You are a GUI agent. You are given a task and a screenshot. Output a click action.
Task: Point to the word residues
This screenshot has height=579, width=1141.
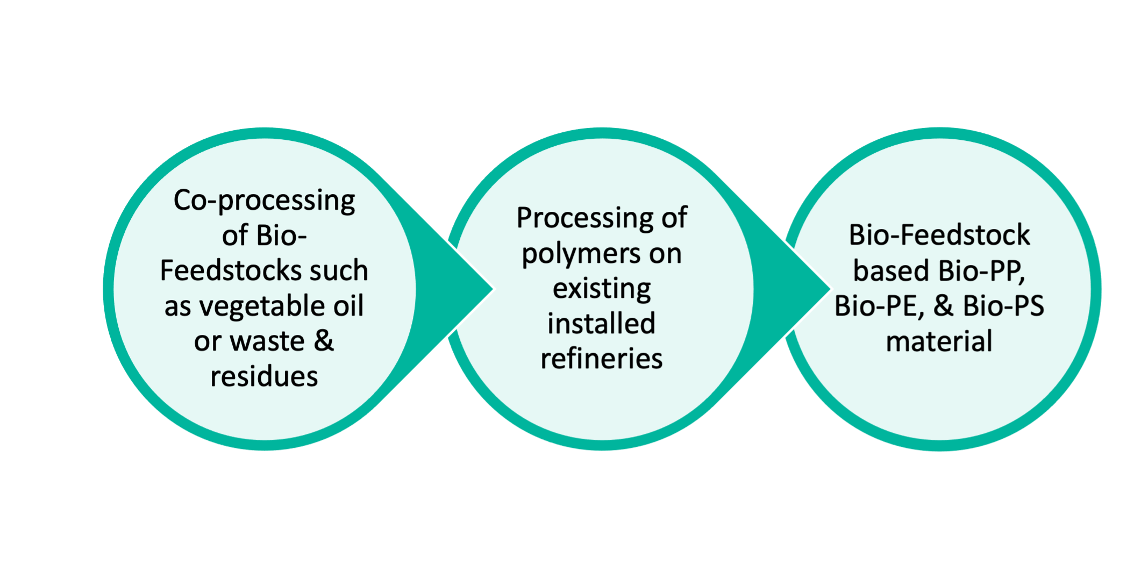click(x=264, y=376)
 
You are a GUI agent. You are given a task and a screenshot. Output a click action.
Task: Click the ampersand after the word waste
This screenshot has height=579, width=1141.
click(x=323, y=341)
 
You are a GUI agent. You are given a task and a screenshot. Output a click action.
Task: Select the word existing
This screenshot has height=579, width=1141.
click(x=602, y=289)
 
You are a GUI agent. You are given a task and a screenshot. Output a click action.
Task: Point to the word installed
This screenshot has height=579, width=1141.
click(x=602, y=324)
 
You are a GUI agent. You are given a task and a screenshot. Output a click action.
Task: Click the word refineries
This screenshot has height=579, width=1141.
click(x=602, y=359)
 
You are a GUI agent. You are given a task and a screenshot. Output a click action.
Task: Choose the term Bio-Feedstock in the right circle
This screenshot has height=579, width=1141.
click(x=939, y=235)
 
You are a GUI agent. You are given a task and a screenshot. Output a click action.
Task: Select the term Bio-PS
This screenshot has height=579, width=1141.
click(x=1003, y=306)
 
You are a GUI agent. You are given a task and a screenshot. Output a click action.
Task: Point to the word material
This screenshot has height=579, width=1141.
click(x=939, y=341)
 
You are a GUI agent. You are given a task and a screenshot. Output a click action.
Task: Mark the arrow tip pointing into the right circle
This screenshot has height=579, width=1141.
click(x=826, y=289)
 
